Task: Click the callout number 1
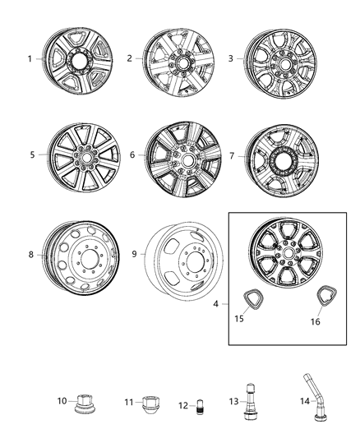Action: click(x=30, y=59)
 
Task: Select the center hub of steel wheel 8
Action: click(x=80, y=256)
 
